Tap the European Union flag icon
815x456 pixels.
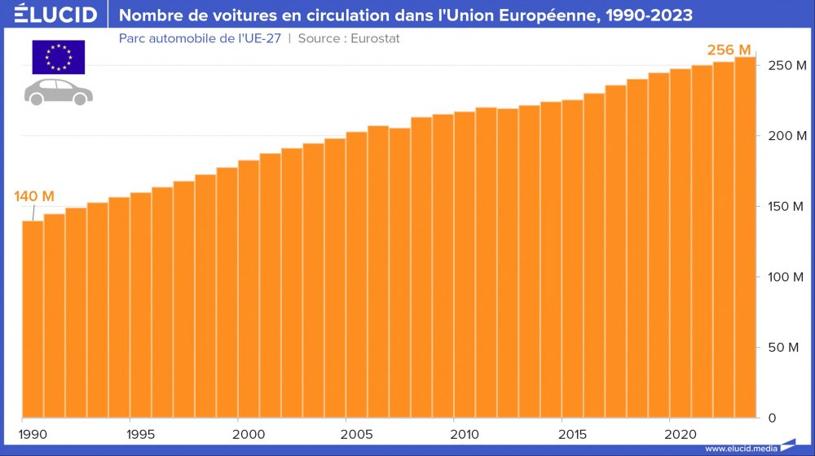point(59,57)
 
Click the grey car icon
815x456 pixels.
point(59,91)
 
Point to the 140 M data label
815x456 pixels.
point(34,196)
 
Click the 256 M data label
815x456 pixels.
point(729,50)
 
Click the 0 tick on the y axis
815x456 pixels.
point(772,419)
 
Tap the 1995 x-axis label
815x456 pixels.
point(141,432)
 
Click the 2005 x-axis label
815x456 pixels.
point(357,432)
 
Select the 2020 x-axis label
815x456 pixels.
point(680,432)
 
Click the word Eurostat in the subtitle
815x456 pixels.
point(375,38)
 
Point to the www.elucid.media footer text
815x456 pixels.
point(740,448)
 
